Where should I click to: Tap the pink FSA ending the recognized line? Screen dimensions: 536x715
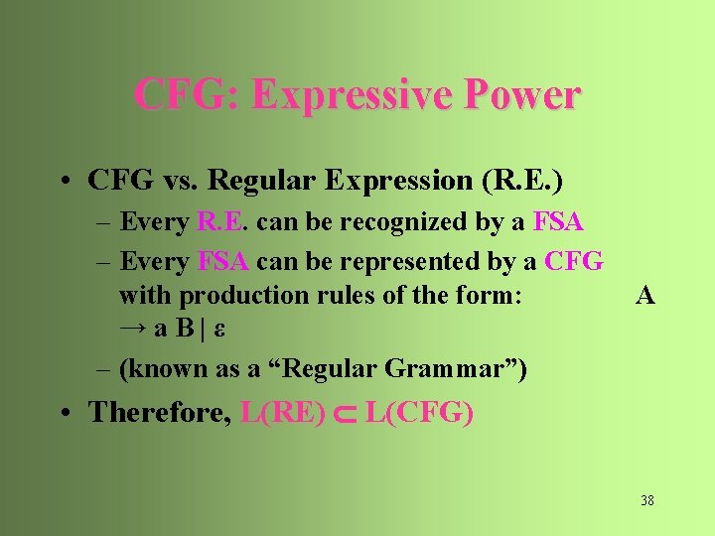click(558, 222)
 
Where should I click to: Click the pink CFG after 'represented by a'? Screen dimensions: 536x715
click(576, 262)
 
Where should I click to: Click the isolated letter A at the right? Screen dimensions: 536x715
click(645, 295)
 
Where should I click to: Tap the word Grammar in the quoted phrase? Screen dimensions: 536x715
click(448, 369)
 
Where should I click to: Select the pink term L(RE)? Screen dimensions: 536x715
click(283, 412)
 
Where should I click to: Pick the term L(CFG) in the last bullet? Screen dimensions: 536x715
click(419, 412)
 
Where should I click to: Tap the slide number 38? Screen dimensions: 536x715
click(647, 500)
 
